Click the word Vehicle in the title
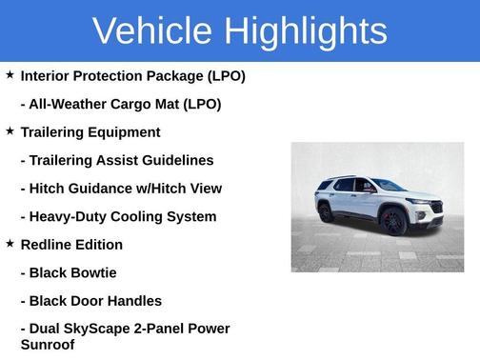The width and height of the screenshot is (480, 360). (153, 31)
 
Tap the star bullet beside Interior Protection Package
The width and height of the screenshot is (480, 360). (10, 74)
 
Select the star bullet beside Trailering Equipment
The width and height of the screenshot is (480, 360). (10, 130)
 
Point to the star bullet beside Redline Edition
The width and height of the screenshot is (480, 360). (10, 243)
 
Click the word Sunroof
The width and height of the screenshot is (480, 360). (47, 344)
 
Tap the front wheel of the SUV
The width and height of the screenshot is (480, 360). (393, 223)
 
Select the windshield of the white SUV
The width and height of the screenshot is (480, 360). (389, 186)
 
